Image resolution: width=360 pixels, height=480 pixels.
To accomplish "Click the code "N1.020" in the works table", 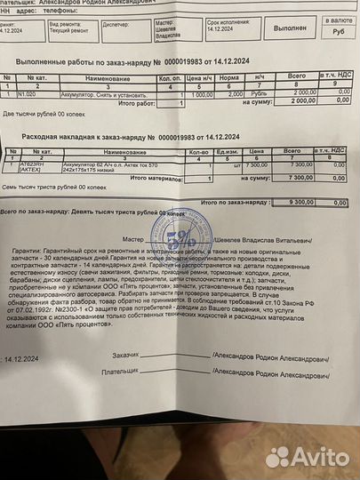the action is (x=26, y=92).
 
